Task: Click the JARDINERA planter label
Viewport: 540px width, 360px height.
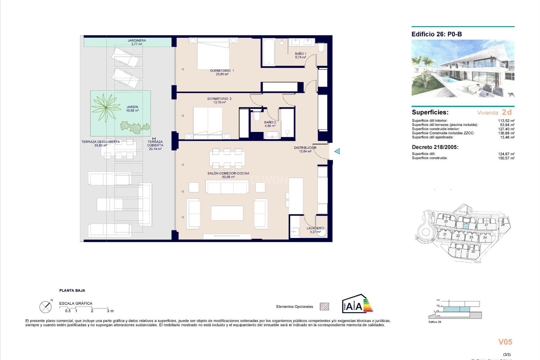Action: click(137, 40)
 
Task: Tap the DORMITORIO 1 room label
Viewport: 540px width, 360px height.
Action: click(222, 71)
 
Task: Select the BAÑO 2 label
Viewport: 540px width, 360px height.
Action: click(270, 122)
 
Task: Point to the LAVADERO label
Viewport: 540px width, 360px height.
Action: click(315, 228)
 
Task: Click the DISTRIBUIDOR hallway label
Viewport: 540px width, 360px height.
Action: click(305, 148)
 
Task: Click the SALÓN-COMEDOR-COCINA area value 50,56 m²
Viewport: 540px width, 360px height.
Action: click(228, 177)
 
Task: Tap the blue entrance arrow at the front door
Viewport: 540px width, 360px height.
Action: click(337, 151)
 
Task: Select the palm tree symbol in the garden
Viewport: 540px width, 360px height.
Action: click(106, 107)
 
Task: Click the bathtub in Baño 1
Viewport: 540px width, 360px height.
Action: click(269, 52)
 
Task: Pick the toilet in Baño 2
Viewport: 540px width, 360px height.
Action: click(257, 116)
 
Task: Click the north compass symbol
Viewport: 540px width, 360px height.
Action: click(46, 307)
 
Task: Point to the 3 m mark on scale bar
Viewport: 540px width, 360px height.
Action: click(110, 311)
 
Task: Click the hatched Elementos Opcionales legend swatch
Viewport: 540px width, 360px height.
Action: click(324, 307)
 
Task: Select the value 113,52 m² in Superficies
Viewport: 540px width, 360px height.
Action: click(506, 121)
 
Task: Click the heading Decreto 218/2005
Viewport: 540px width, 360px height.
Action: click(435, 147)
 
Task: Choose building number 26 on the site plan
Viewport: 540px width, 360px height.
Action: click(466, 223)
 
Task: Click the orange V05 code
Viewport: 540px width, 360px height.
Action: click(505, 342)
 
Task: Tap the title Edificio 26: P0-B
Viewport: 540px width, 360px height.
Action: click(436, 34)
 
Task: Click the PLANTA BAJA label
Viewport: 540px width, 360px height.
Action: click(72, 291)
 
